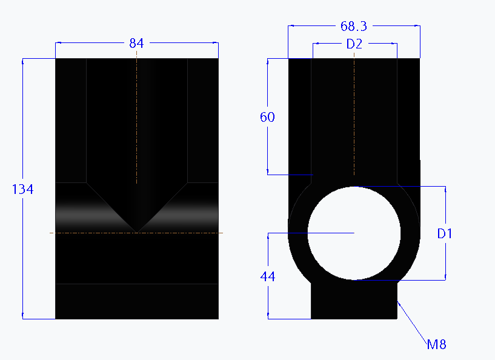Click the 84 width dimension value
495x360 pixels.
137,43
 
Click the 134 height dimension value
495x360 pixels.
23,189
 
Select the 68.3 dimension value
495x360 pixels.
354,26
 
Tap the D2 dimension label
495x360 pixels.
354,44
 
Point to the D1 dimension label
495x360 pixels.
445,233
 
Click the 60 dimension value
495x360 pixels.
267,117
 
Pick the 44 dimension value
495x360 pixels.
267,276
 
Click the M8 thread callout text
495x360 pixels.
436,345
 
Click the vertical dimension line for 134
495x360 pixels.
23,255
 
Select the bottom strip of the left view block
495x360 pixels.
137,301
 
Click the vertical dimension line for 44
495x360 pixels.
268,303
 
